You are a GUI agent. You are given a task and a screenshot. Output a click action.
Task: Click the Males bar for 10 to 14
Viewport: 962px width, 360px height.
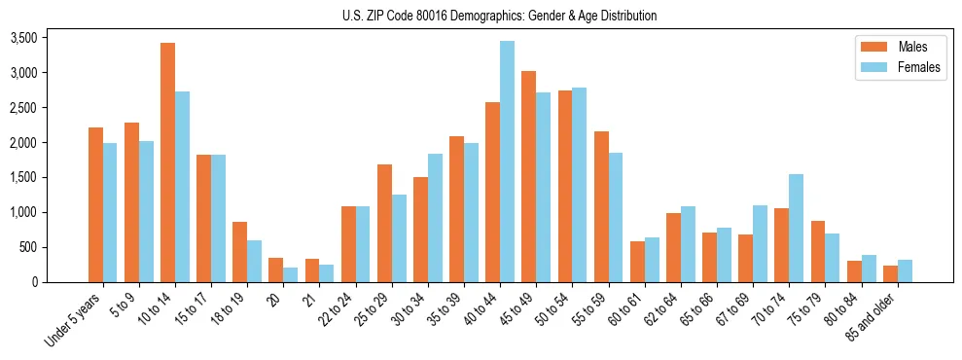pos(167,162)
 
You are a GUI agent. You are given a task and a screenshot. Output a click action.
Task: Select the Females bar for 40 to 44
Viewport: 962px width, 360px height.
pos(507,162)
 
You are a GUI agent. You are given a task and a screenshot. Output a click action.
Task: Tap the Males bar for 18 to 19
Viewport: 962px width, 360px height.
pos(239,252)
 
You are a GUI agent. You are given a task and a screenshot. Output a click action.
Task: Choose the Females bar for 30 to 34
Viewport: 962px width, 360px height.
pos(435,218)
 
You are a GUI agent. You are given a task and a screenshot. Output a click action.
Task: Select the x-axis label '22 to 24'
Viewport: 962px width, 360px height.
pos(338,309)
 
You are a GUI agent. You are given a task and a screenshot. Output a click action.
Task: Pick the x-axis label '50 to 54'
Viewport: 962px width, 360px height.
pos(554,309)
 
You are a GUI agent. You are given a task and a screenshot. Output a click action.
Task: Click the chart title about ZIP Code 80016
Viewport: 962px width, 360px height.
pos(499,16)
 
